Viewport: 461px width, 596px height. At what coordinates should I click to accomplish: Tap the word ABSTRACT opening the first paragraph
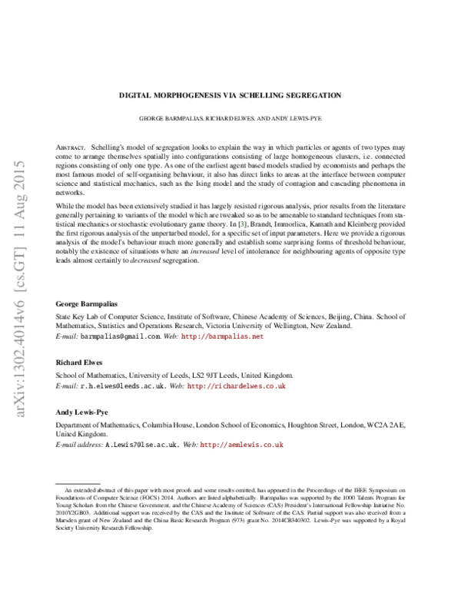pos(71,146)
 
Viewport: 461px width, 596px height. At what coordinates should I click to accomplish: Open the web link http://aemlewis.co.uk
pos(242,444)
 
